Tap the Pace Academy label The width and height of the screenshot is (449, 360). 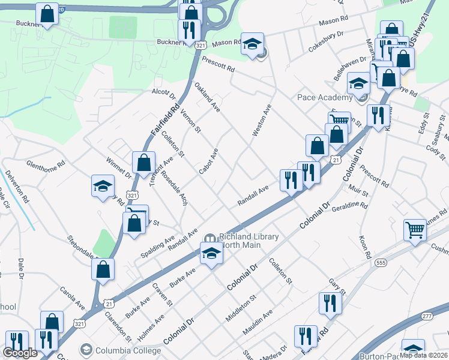point(324,98)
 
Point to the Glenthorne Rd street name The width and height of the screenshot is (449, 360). point(45,164)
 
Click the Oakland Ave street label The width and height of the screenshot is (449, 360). point(207,97)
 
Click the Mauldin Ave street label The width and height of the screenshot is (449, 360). point(258,322)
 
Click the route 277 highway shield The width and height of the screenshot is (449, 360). point(426,316)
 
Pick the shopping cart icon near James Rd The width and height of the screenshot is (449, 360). point(415,230)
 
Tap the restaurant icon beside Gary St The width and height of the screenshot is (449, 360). point(329,303)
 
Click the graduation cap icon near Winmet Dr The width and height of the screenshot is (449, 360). point(103,186)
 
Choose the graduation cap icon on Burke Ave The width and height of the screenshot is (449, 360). point(211,254)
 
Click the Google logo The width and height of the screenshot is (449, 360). point(20,353)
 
